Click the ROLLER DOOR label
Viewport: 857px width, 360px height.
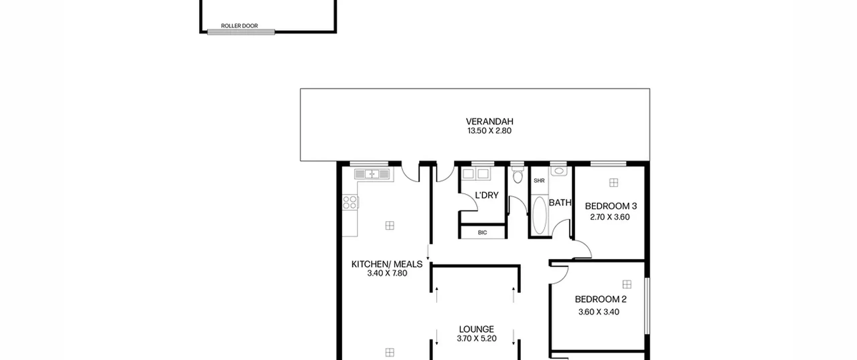[239, 26]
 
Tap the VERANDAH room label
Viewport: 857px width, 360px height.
[489, 121]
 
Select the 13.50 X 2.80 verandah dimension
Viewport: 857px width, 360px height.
[489, 131]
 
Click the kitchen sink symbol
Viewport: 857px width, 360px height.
[372, 174]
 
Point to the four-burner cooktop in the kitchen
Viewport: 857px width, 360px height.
[350, 202]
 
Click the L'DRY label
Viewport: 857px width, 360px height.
[487, 195]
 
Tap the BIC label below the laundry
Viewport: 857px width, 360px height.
[482, 232]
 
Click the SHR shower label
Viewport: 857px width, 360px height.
[539, 181]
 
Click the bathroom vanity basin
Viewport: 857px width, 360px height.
[559, 171]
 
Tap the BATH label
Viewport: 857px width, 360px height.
[560, 203]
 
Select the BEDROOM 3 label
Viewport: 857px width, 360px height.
[611, 206]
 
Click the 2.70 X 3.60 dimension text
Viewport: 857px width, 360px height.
[610, 217]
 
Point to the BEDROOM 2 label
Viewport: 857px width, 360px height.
[601, 299]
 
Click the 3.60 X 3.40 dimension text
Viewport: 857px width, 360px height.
[599, 312]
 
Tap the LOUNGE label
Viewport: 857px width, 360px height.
[476, 329]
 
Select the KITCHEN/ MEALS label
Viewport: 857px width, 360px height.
[387, 264]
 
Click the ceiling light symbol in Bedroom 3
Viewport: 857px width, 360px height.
[614, 183]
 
